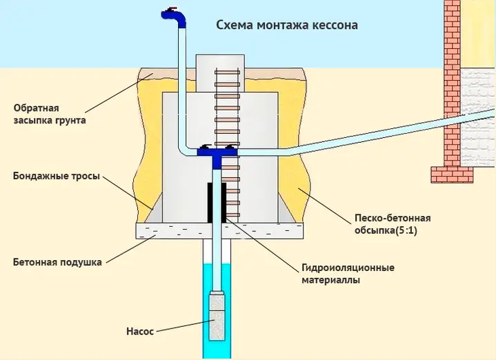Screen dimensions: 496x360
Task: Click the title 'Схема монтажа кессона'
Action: click(x=287, y=25)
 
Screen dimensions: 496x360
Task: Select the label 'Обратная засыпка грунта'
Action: click(x=50, y=114)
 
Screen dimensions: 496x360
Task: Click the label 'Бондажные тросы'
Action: click(x=57, y=176)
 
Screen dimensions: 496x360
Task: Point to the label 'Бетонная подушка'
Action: click(x=57, y=262)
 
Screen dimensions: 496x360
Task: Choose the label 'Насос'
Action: click(x=140, y=331)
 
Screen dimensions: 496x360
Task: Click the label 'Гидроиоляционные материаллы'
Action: click(x=348, y=274)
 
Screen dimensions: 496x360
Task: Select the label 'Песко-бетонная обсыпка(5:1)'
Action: click(x=393, y=224)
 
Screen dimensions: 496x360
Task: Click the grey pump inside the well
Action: click(x=217, y=317)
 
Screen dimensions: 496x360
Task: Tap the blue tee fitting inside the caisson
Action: click(x=217, y=155)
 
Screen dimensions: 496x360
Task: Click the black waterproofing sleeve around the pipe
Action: click(x=217, y=203)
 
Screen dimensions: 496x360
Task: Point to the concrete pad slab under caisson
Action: click(x=219, y=230)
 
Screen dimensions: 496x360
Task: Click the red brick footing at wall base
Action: click(x=453, y=175)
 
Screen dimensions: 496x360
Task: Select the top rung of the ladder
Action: click(x=227, y=72)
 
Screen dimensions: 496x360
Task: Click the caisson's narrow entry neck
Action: click(x=220, y=73)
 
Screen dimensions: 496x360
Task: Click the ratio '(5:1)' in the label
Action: click(x=406, y=230)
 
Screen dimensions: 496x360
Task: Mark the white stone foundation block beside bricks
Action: click(x=477, y=118)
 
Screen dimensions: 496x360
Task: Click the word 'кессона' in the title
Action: click(x=335, y=26)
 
